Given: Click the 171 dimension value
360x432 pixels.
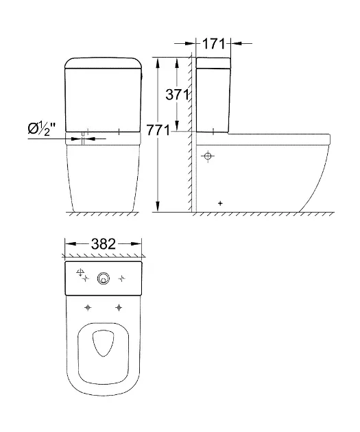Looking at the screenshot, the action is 213,43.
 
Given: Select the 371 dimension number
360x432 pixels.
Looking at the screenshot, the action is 178,95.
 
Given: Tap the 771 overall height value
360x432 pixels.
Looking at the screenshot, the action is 158,130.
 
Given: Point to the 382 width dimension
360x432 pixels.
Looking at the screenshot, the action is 104,244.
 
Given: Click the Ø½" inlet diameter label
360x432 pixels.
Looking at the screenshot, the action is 42,128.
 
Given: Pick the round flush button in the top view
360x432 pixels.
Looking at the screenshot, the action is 104,278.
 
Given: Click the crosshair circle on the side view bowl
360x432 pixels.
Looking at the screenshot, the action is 208,156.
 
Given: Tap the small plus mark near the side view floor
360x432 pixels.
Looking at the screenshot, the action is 220,204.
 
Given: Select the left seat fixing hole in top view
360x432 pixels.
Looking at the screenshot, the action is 88,307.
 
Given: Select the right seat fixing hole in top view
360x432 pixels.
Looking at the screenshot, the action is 119,307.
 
